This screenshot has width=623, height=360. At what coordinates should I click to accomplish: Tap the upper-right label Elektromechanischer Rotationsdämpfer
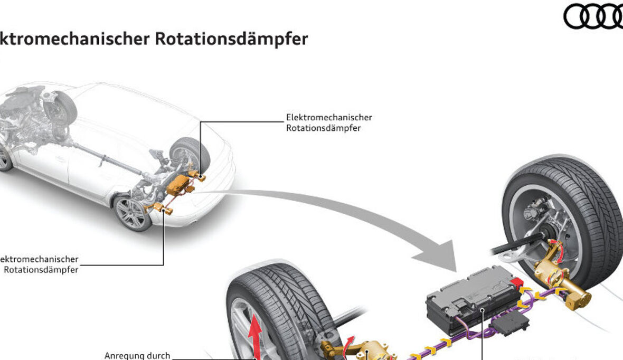[328, 122]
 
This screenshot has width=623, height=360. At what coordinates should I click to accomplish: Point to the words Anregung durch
[137, 355]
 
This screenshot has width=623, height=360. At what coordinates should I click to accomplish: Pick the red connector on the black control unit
[516, 286]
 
